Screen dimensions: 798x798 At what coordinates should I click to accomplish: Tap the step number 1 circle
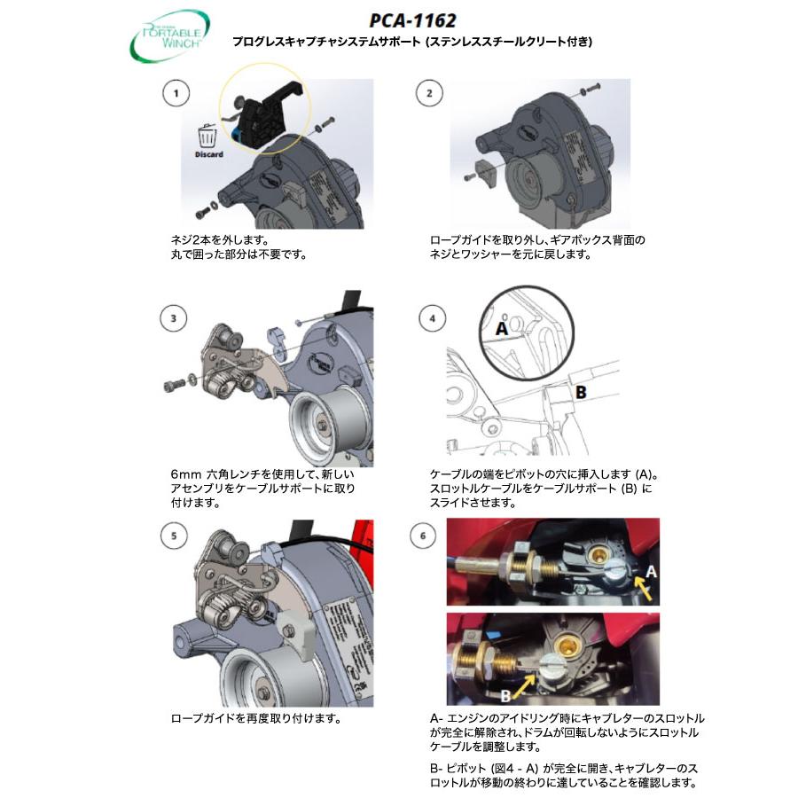pyautogui.click(x=177, y=93)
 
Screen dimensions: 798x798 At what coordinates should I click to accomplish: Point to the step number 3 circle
pyautogui.click(x=177, y=316)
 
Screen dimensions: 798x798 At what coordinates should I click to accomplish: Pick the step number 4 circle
pyautogui.click(x=431, y=317)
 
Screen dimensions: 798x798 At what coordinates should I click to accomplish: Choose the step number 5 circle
pyautogui.click(x=177, y=536)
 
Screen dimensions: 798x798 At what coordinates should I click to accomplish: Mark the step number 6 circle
pyautogui.click(x=431, y=536)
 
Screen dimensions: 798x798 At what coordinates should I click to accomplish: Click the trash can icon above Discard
pyautogui.click(x=207, y=136)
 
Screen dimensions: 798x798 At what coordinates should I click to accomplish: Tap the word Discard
pyautogui.click(x=208, y=154)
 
